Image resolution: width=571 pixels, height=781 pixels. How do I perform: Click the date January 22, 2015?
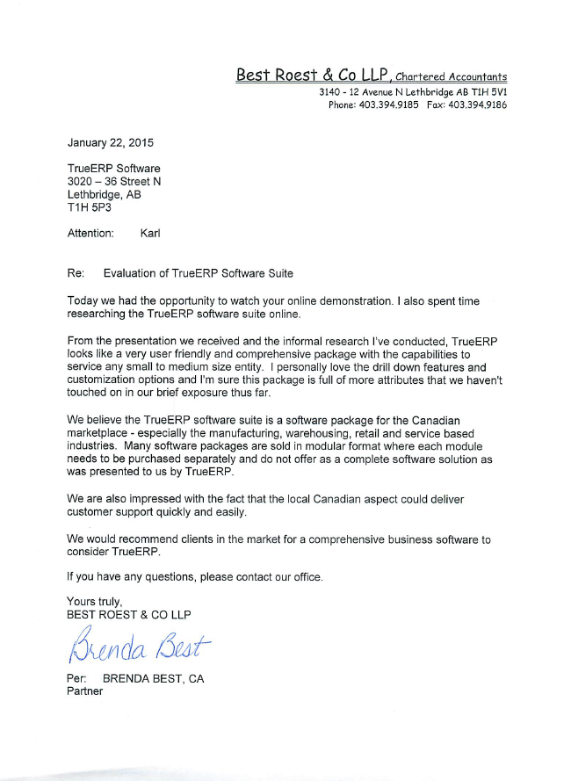pyautogui.click(x=111, y=142)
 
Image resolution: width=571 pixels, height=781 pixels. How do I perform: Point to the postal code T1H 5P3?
pyautogui.click(x=90, y=208)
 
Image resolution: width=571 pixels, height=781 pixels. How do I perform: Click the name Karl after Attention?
pyautogui.click(x=150, y=234)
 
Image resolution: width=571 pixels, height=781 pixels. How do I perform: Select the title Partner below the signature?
pyautogui.click(x=85, y=691)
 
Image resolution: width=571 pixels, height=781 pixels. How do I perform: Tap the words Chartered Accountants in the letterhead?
pyautogui.click(x=451, y=77)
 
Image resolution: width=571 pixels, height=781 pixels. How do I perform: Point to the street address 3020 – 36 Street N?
pyautogui.click(x=114, y=182)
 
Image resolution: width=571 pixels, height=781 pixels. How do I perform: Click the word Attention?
pyautogui.click(x=90, y=234)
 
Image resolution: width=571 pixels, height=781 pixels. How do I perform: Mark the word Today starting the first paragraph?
pyautogui.click(x=83, y=300)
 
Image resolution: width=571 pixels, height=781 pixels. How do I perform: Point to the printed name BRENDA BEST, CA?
pyautogui.click(x=153, y=678)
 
